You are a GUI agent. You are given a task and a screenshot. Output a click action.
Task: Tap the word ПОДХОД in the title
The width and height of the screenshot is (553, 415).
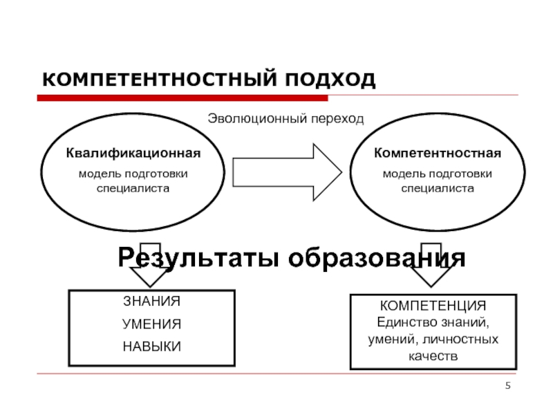330,80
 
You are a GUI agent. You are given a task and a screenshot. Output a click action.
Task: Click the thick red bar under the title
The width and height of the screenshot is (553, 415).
182,98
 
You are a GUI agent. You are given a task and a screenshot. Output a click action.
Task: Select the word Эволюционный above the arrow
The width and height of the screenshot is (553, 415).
257,119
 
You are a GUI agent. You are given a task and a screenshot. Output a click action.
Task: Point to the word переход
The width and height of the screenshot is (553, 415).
337,119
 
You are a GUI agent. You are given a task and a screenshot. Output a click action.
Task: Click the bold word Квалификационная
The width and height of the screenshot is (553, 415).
133,153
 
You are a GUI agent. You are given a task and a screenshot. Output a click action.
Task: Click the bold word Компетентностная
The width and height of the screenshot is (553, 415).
438,153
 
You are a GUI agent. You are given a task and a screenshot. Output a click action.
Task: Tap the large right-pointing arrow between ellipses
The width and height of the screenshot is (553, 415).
287,172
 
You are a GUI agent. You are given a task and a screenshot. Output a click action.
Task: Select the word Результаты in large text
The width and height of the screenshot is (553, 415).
198,258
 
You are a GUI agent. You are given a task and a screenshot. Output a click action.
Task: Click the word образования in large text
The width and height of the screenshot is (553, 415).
377,258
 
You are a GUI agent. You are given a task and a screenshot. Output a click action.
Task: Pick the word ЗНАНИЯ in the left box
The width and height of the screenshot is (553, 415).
151,302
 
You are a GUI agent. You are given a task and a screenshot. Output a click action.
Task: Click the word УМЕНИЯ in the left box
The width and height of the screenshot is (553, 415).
151,324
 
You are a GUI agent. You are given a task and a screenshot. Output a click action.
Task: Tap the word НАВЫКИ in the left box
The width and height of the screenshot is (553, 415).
151,347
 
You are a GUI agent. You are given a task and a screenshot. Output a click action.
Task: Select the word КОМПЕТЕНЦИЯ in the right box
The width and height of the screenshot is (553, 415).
433,306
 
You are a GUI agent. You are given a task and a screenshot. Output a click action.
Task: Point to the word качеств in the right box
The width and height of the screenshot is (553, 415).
433,356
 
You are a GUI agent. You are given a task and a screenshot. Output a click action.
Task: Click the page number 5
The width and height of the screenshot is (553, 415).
508,385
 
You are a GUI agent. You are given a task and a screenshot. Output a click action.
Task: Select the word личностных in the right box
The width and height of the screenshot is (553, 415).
460,340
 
